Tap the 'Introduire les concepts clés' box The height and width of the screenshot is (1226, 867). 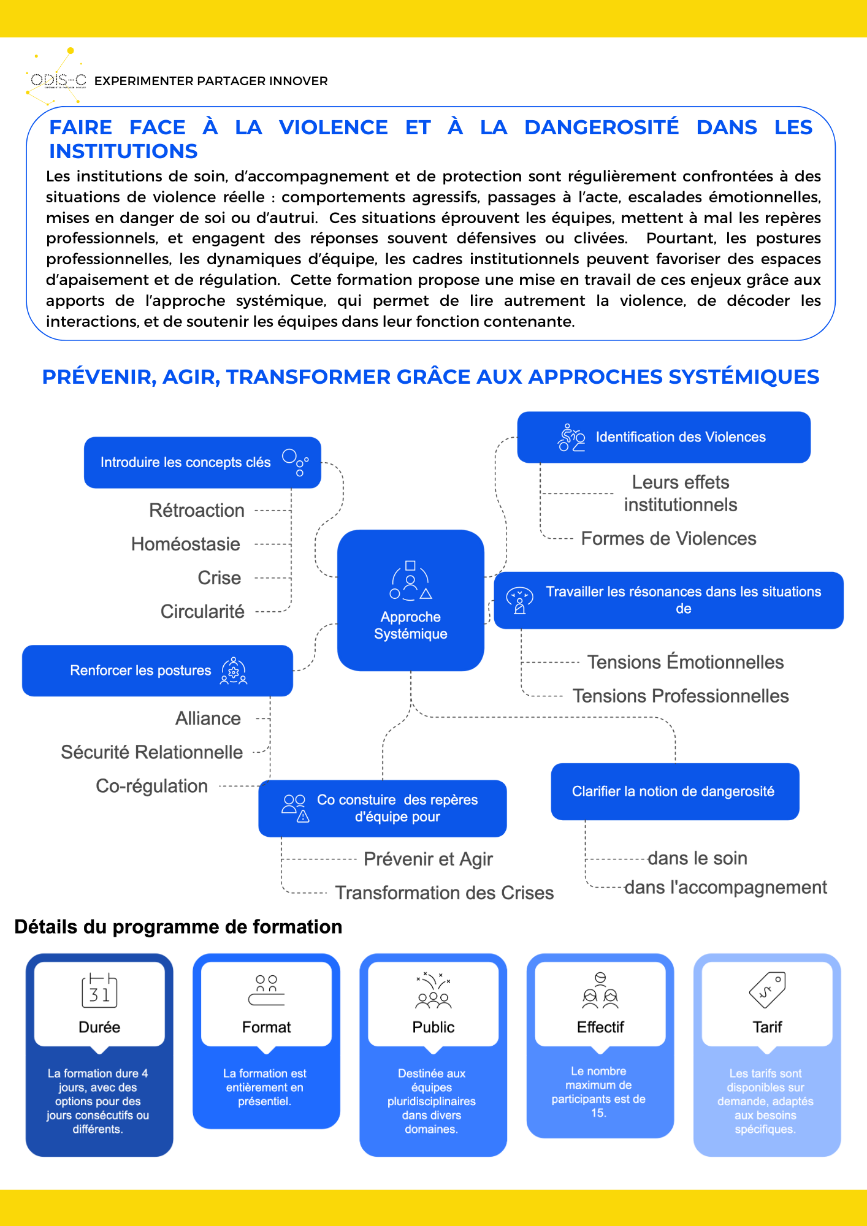[x=202, y=462]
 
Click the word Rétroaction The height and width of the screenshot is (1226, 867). [x=197, y=510]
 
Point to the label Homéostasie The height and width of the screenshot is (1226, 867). [x=185, y=544]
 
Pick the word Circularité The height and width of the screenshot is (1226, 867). [x=202, y=611]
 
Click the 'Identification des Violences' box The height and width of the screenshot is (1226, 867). [x=663, y=437]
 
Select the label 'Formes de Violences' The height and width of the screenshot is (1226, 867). [x=668, y=538]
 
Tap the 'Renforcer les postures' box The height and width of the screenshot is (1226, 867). [x=157, y=670]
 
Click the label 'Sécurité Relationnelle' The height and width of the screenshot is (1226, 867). [x=151, y=752]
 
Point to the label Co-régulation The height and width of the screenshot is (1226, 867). [x=151, y=786]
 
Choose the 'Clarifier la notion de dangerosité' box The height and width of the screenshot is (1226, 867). [x=674, y=791]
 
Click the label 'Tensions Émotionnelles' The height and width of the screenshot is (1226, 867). [x=685, y=662]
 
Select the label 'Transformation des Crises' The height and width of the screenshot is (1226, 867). [x=444, y=893]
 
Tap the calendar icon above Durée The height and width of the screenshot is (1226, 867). [x=99, y=990]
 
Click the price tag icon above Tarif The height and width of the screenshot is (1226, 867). [x=767, y=989]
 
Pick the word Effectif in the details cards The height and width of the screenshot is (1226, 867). [x=600, y=1027]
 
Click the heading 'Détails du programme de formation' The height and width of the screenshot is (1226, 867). [x=178, y=927]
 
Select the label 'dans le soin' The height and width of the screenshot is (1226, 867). [x=697, y=858]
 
